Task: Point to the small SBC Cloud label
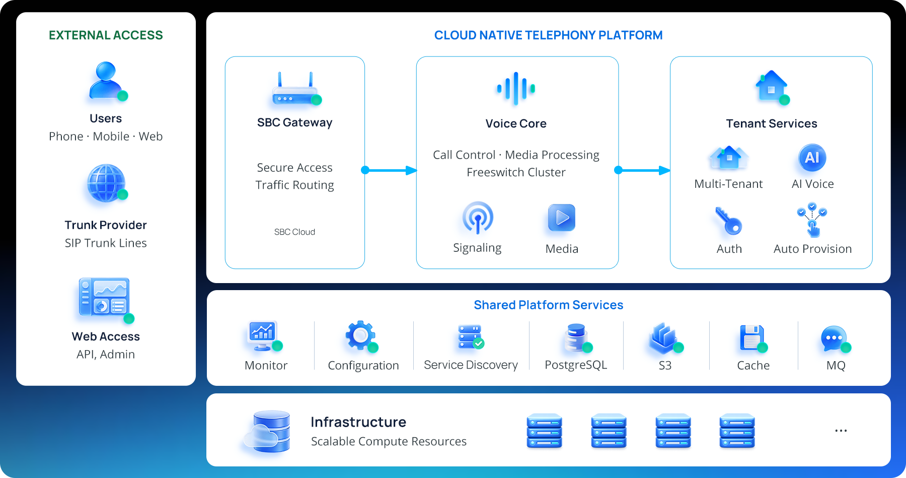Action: (x=294, y=232)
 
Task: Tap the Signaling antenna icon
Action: (x=478, y=218)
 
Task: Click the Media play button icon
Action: (x=562, y=218)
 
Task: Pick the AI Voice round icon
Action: (x=812, y=158)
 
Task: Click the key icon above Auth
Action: (x=728, y=221)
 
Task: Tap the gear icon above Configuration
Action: (x=361, y=335)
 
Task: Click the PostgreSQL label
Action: (x=576, y=365)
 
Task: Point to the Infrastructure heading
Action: (x=358, y=422)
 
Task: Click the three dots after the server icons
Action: (x=841, y=431)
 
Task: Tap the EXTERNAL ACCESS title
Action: (x=106, y=35)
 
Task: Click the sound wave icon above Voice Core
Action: (x=516, y=89)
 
